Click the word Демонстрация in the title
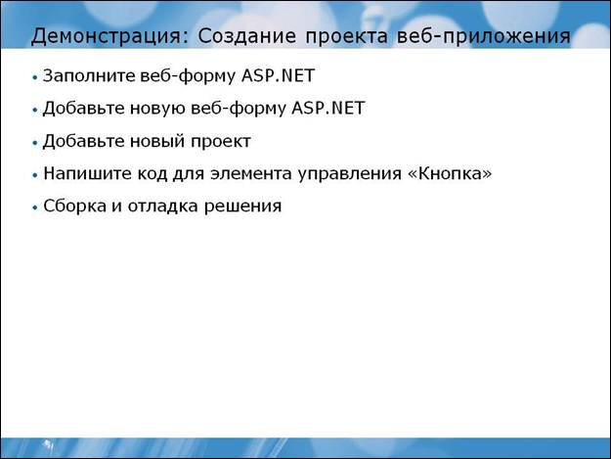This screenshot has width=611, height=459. pyautogui.click(x=106, y=36)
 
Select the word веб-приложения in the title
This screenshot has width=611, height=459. pyautogui.click(x=484, y=36)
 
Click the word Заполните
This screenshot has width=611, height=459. pyautogui.click(x=89, y=75)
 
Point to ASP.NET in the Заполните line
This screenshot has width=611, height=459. pyautogui.click(x=278, y=75)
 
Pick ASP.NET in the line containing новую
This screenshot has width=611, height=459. pyautogui.click(x=328, y=108)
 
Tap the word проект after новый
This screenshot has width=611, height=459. pyautogui.click(x=221, y=142)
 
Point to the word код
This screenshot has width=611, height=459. pyautogui.click(x=152, y=173)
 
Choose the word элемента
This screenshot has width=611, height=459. pyautogui.click(x=251, y=174)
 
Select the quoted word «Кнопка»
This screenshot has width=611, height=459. pyautogui.click(x=450, y=173)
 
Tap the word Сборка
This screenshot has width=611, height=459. pyautogui.click(x=75, y=206)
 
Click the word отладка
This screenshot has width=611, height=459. pyautogui.click(x=162, y=207)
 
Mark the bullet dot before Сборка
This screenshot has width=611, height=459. pyautogui.click(x=35, y=207)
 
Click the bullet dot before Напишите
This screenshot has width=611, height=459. pyautogui.click(x=35, y=175)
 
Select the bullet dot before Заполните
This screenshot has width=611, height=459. pyautogui.click(x=35, y=77)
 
